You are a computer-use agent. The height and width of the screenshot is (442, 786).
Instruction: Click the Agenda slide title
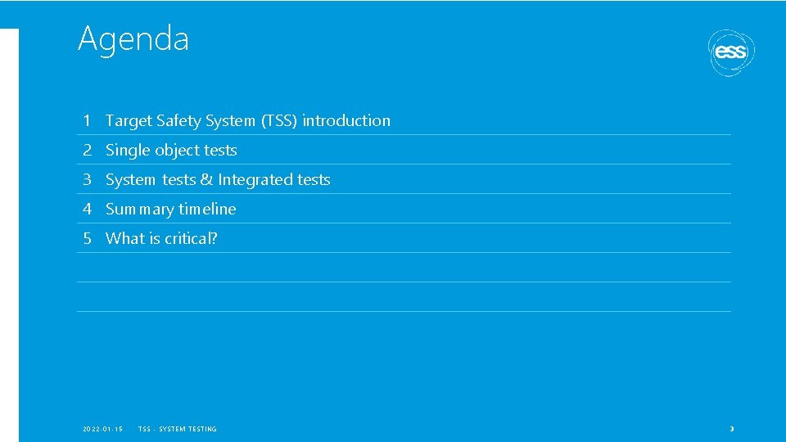click(x=133, y=38)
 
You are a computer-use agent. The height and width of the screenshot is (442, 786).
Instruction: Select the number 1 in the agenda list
click(x=86, y=121)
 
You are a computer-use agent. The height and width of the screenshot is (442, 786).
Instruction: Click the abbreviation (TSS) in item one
click(x=279, y=121)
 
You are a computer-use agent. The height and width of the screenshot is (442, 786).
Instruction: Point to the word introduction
click(x=346, y=121)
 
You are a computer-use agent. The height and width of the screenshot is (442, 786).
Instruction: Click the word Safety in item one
click(x=178, y=121)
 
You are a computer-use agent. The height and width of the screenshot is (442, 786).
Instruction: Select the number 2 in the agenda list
click(x=86, y=151)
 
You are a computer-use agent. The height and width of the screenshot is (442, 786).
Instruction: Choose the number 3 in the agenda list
click(x=86, y=180)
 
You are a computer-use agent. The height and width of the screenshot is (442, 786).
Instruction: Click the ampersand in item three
click(x=206, y=180)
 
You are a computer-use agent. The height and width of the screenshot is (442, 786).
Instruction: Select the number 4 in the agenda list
click(x=86, y=210)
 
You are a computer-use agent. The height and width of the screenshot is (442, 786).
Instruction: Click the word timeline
click(x=207, y=210)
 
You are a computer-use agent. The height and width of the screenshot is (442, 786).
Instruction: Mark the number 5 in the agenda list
click(x=86, y=239)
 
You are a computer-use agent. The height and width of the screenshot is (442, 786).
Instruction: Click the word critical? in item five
click(x=191, y=239)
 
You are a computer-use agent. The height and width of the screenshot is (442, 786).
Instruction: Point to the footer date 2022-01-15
click(x=103, y=429)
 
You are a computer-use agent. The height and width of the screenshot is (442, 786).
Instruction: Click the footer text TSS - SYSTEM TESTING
click(x=178, y=429)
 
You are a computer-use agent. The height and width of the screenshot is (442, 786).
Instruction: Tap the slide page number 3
click(x=732, y=429)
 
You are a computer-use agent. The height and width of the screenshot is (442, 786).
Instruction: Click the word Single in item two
click(x=125, y=151)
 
